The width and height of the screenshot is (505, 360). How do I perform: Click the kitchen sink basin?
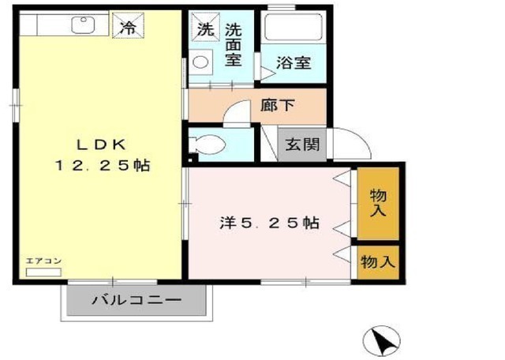pos(84,24)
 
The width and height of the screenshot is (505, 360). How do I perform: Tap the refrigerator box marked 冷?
pos(128,25)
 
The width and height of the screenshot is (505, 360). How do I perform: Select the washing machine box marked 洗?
pos(205,27)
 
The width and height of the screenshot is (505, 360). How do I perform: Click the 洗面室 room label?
pos(234,45)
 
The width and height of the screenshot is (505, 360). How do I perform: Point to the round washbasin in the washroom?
pos(200,62)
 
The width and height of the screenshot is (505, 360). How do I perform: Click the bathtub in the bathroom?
pos(293,27)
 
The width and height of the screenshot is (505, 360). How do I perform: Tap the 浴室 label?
pos(294,63)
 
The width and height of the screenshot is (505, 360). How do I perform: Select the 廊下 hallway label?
pos(278,105)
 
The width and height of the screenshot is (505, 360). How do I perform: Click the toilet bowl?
pos(207,144)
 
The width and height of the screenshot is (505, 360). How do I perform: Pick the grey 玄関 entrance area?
pos(302,144)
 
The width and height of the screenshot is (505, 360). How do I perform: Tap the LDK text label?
pos(101,145)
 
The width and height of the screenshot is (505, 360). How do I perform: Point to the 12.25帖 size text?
pos(103,166)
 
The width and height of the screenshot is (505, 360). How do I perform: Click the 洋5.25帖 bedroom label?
pos(270,223)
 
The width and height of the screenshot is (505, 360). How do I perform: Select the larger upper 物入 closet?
pos(378,204)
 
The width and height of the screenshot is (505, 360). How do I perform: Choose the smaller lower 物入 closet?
pos(378,262)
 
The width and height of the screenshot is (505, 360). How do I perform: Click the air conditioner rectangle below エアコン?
pos(43,272)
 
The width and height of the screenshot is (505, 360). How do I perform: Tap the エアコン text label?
pos(43,261)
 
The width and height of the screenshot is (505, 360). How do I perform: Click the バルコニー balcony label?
pos(137,300)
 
